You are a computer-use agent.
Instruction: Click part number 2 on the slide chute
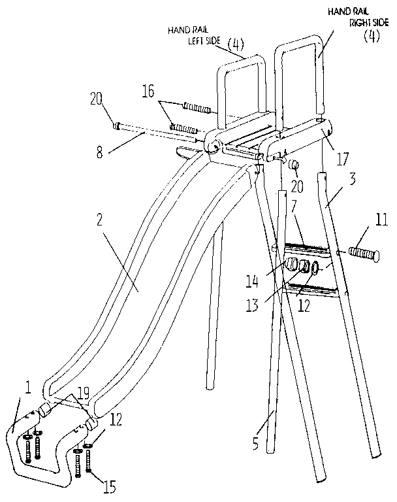coord(99,220)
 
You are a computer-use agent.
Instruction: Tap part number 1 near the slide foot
coord(28,388)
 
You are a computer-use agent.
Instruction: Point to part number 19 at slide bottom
coord(84,393)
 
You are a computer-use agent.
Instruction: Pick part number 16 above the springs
coord(148,91)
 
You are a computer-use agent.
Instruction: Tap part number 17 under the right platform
coord(342,158)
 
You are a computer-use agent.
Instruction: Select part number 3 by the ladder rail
coord(352,179)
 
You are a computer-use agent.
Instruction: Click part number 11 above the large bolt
coord(381,220)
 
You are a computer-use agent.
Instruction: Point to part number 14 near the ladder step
coord(252,282)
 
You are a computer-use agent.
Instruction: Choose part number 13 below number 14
coord(252,305)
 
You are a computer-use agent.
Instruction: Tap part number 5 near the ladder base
coord(255,443)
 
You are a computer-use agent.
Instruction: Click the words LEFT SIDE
coord(204,41)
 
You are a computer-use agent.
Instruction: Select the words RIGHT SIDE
coord(369,23)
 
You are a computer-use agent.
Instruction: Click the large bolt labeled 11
coord(365,254)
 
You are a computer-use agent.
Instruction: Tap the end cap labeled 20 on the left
coord(117,125)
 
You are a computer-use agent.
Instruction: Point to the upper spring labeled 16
coord(197,108)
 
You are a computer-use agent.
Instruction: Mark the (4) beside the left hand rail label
coord(236,44)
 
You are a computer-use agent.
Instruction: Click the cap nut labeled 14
coord(291,265)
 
